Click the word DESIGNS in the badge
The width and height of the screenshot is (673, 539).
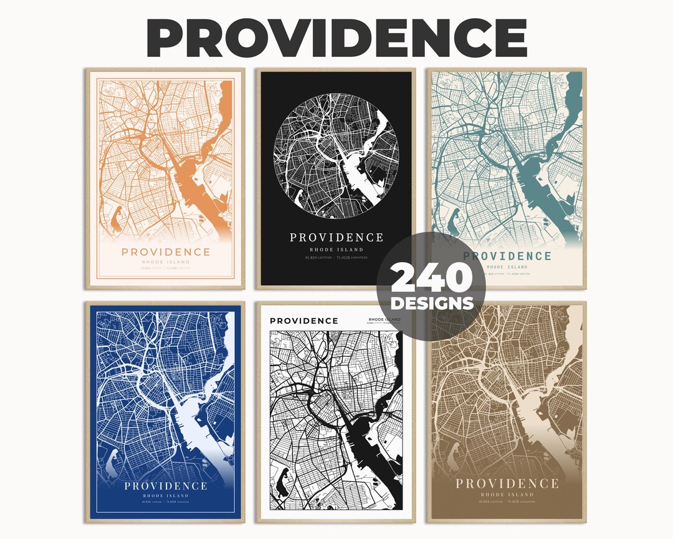pyautogui.click(x=431, y=304)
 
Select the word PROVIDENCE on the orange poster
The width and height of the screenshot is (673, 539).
pyautogui.click(x=166, y=252)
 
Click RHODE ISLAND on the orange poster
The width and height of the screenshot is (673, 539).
pyautogui.click(x=166, y=262)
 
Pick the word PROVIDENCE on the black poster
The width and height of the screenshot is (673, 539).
pyautogui.click(x=336, y=238)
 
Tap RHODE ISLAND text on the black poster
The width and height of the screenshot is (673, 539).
pyautogui.click(x=336, y=250)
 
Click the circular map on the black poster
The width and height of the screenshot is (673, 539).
pyautogui.click(x=336, y=160)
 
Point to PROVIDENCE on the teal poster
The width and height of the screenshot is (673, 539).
pyautogui.click(x=507, y=256)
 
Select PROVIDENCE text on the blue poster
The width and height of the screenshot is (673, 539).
pyautogui.click(x=166, y=486)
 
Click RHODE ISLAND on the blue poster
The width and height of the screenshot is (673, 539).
pyautogui.click(x=166, y=496)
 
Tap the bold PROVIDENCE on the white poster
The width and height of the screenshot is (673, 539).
pyautogui.click(x=303, y=321)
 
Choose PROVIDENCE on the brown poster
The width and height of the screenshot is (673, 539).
pyautogui.click(x=507, y=483)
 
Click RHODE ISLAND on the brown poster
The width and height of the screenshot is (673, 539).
pyautogui.click(x=507, y=494)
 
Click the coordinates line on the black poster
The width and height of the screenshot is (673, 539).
pyautogui.click(x=336, y=257)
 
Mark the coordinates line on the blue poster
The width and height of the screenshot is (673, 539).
pyautogui.click(x=166, y=502)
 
